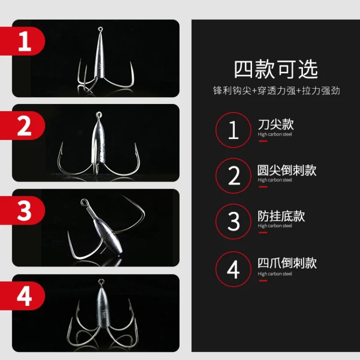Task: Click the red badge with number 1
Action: point(22,41)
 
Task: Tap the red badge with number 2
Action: point(22,126)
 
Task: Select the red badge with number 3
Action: point(22,210)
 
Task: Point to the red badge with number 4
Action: point(22,296)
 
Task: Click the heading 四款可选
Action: point(276,69)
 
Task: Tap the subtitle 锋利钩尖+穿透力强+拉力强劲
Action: point(276,90)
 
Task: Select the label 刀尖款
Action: point(276,124)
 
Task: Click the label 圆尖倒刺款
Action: point(287,170)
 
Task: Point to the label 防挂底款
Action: point(281,216)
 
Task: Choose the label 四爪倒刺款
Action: point(287,263)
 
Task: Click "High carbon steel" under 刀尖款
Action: point(275,134)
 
